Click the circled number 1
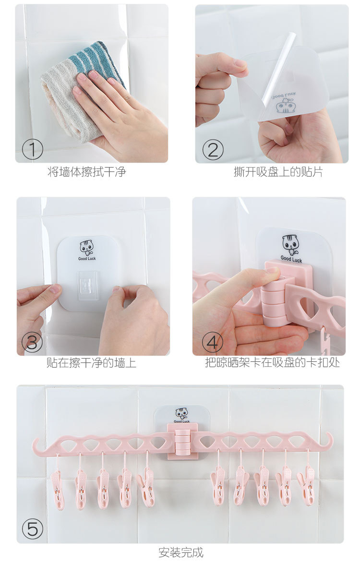pos(32,149)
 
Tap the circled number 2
pos(213,150)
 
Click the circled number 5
pos(32,529)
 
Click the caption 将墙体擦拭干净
pos(86,171)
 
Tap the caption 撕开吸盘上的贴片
pos(278,171)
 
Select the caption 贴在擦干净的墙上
pos(91,362)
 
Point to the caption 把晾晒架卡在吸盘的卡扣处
pos(273,362)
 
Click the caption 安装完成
pos(181,552)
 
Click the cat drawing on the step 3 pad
pos(86,248)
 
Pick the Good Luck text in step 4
pos(291,259)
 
